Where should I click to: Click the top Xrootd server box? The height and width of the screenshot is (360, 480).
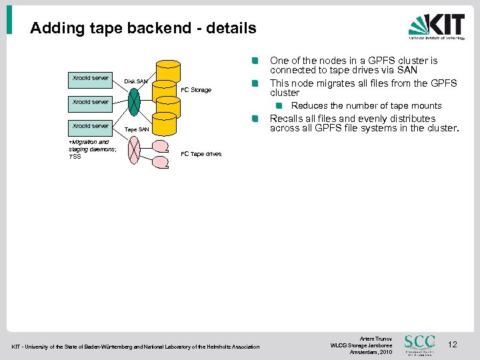coord(91,78)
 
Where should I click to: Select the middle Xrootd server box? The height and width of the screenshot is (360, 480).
coord(91,102)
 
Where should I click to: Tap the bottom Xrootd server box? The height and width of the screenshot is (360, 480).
coord(91,125)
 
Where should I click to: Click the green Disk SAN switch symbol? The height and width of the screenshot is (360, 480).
coord(134,101)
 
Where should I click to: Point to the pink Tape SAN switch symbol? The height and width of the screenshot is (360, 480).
coord(135,150)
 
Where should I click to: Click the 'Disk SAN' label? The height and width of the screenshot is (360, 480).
coord(136,82)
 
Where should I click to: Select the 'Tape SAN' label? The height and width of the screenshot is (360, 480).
coord(137,129)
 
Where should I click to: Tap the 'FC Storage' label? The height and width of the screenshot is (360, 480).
coord(196,90)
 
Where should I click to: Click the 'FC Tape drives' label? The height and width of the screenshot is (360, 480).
coord(201,154)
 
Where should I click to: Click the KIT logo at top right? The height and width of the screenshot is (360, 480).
coord(437,27)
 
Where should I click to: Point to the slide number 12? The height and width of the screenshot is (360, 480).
coord(453,345)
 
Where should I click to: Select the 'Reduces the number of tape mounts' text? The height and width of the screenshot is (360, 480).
coord(366,105)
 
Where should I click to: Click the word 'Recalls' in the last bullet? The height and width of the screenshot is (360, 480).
coord(287,119)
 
